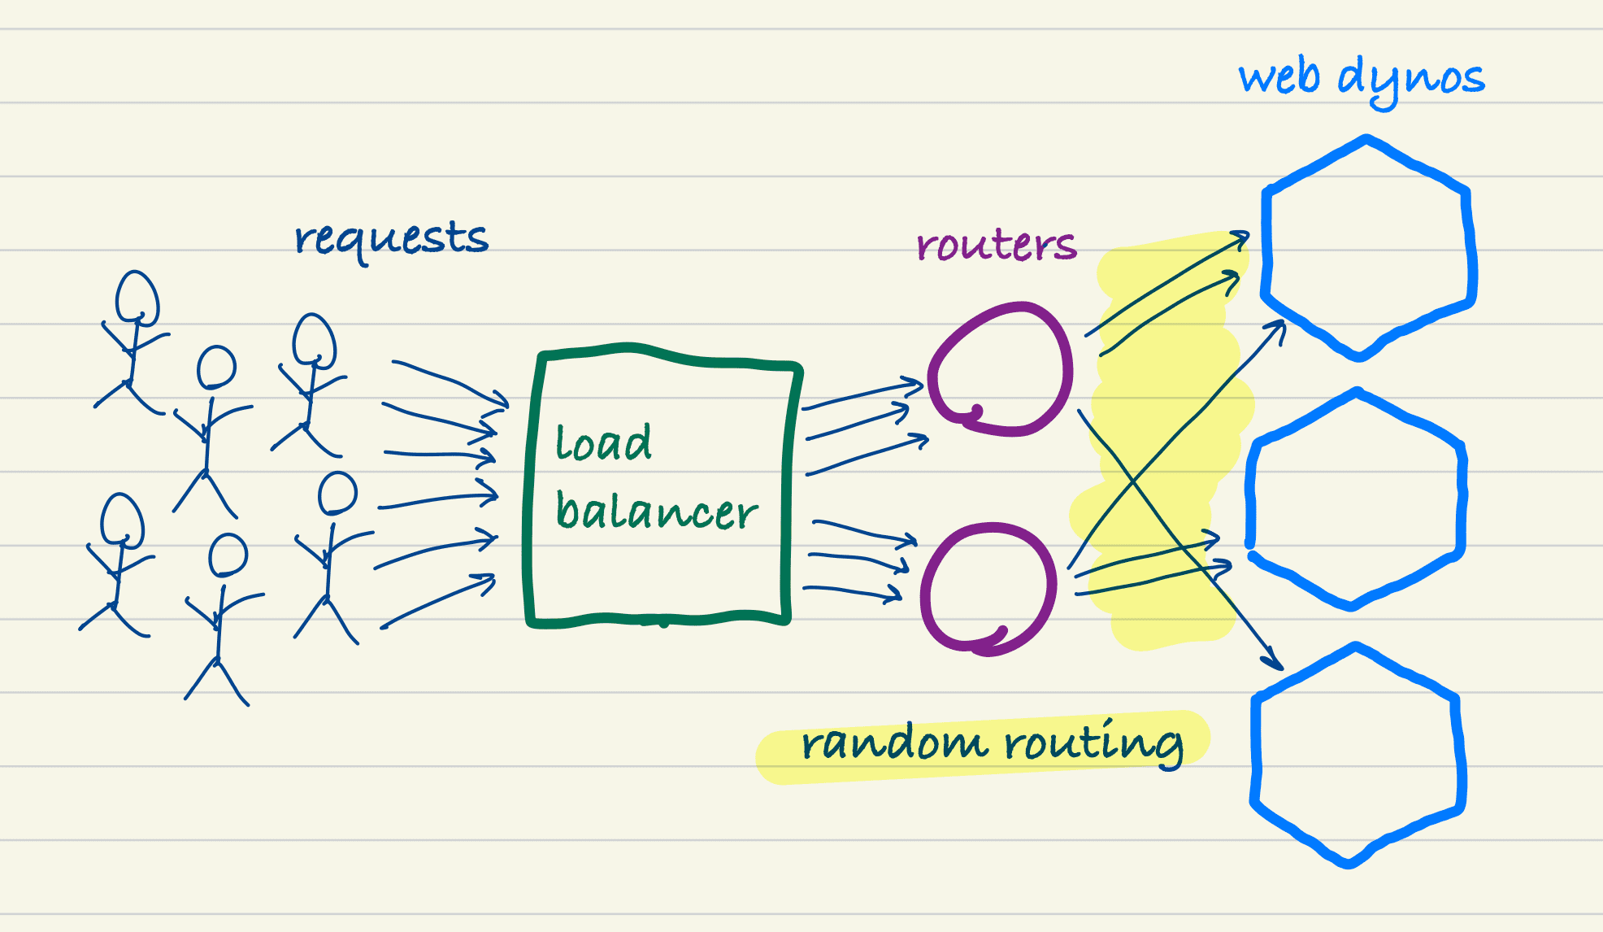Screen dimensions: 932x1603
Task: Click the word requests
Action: tap(391, 239)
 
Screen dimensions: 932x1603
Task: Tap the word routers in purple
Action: tap(996, 244)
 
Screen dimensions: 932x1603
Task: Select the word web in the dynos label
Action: tap(1279, 78)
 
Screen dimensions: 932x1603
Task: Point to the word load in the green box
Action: tap(603, 443)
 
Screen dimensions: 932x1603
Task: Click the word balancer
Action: tap(656, 512)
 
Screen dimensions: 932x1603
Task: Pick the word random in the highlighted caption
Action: tap(893, 743)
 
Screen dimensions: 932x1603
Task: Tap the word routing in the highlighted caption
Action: tap(1093, 742)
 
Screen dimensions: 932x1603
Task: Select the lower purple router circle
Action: tap(989, 588)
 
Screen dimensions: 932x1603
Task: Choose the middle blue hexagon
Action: tap(1356, 499)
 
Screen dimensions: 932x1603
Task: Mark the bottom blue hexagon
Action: tap(1356, 754)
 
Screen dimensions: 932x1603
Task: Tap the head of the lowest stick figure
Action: tap(227, 555)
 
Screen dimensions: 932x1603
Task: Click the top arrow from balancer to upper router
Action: tap(862, 394)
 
